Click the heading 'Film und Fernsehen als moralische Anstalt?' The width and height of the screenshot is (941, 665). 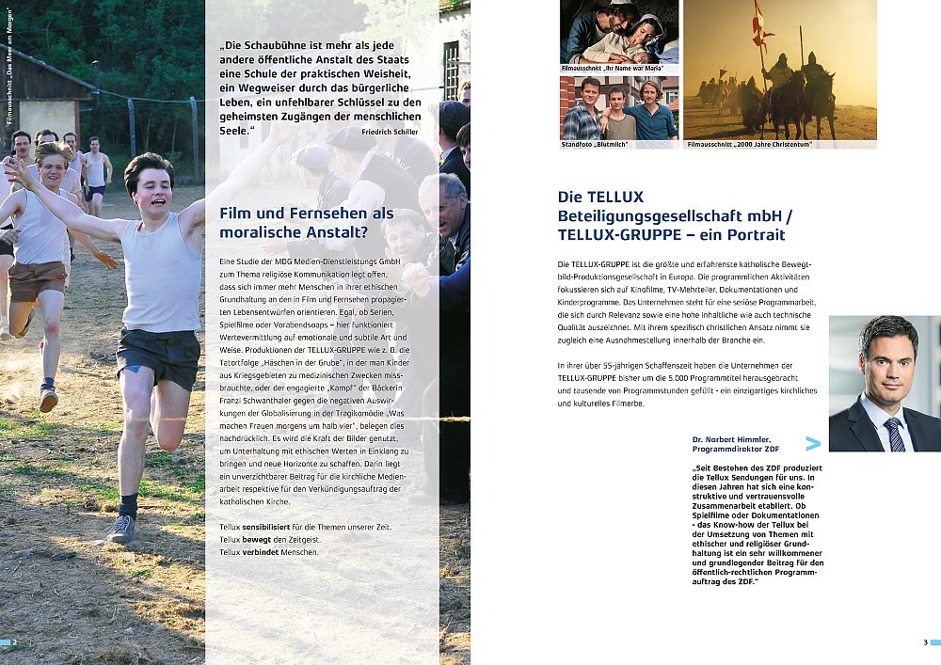point(307,223)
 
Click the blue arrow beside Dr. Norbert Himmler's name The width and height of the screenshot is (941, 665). point(812,443)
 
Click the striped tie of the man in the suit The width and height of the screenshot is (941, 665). point(891,434)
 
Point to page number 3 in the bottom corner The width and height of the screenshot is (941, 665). point(925,642)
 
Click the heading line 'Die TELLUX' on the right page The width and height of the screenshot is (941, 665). point(600,198)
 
